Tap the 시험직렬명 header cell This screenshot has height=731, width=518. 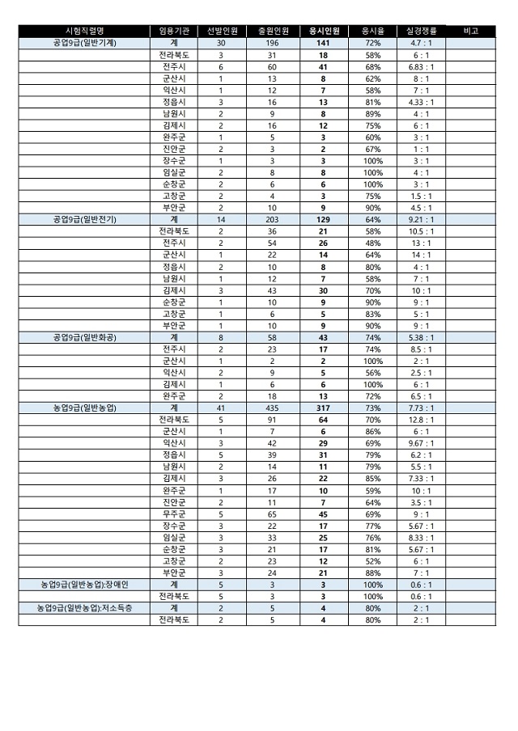pos(84,31)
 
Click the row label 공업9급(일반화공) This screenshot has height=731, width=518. pos(84,337)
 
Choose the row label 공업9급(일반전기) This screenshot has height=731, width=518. pos(84,219)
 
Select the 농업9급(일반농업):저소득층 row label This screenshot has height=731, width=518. pos(84,608)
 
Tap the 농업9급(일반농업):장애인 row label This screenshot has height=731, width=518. pos(84,584)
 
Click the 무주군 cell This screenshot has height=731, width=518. pos(174,513)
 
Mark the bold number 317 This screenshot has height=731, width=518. pos(323,408)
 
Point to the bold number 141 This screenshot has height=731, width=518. pos(323,42)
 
